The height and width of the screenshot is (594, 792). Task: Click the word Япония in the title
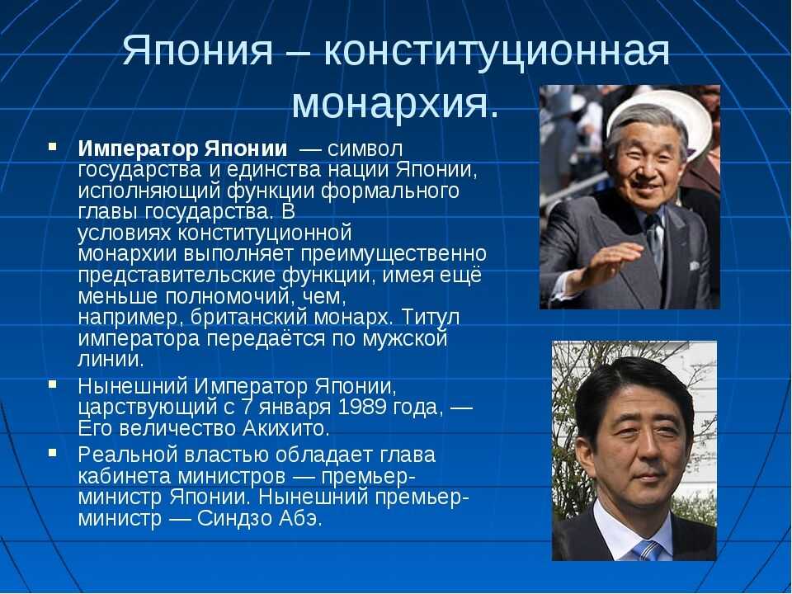[197, 51]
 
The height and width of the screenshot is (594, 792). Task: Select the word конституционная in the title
[497, 52]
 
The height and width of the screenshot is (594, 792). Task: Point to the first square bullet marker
[53, 147]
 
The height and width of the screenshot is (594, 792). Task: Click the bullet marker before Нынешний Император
[53, 384]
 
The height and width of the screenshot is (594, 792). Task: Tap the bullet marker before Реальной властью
[53, 452]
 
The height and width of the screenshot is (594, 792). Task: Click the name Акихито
[285, 428]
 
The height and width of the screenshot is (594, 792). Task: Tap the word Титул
[431, 317]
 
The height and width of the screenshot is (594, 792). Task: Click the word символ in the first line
[365, 149]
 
